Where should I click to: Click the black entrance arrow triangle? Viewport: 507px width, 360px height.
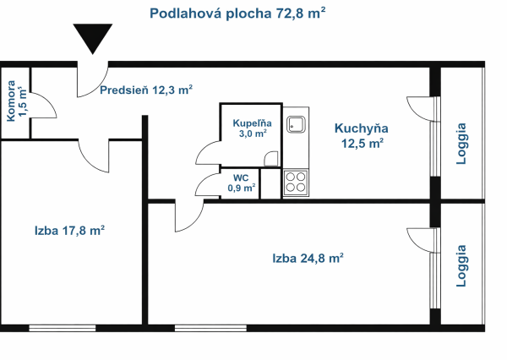pyautogui.click(x=92, y=40)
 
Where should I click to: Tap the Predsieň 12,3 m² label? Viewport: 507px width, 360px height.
pyautogui.click(x=146, y=90)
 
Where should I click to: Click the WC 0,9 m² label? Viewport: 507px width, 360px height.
pyautogui.click(x=241, y=183)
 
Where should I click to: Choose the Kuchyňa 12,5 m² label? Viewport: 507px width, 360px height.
pyautogui.click(x=361, y=135)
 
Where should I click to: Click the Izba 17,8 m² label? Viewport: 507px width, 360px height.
pyautogui.click(x=69, y=230)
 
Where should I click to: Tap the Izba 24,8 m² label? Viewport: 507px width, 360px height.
pyautogui.click(x=307, y=259)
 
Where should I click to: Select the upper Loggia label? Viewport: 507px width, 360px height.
pyautogui.click(x=461, y=145)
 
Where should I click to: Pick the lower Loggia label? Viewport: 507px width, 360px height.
pyautogui.click(x=461, y=266)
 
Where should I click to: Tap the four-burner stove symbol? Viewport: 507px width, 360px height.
pyautogui.click(x=296, y=182)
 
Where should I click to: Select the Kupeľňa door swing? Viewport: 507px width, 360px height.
pyautogui.click(x=208, y=152)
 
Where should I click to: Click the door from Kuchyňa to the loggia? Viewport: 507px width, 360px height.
pyautogui.click(x=420, y=108)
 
